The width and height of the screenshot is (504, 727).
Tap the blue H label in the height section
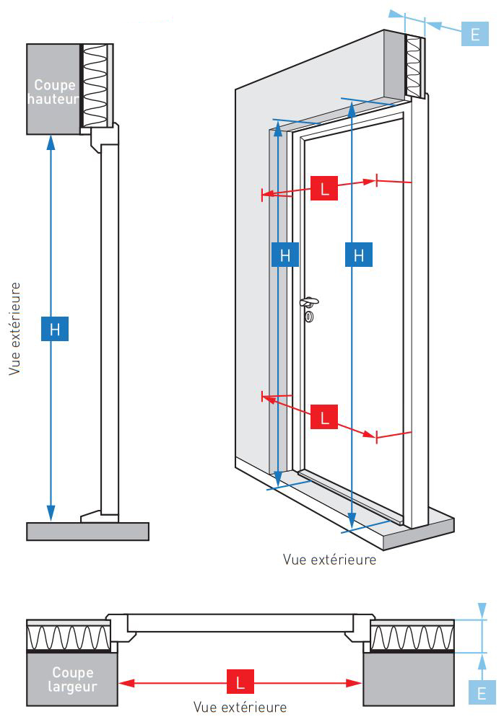click(x=54, y=329)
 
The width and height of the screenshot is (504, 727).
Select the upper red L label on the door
click(x=323, y=189)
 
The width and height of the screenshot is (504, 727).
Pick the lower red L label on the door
click(x=323, y=417)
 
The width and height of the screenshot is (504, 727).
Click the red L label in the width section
click(x=240, y=682)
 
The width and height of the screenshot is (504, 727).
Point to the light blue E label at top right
click(x=474, y=34)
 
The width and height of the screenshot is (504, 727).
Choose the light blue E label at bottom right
click(x=481, y=693)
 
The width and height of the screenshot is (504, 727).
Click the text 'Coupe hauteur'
click(x=53, y=92)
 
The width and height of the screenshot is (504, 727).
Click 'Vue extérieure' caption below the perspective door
click(x=330, y=559)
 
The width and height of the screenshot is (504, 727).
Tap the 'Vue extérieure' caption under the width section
click(x=240, y=707)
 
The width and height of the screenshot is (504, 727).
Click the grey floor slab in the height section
click(x=87, y=531)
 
